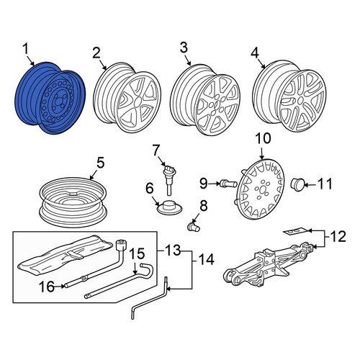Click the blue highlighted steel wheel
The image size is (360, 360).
[x=50, y=98]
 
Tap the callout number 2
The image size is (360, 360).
[x=96, y=53]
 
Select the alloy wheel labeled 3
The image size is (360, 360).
[x=205, y=100]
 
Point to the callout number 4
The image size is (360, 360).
[x=255, y=53]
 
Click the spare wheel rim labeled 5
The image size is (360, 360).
[x=73, y=202]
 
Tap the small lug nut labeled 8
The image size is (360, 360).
[x=193, y=227]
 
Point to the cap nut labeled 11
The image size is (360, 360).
[x=297, y=184]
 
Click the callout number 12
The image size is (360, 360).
[x=338, y=236]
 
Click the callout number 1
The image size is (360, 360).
[x=25, y=50]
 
